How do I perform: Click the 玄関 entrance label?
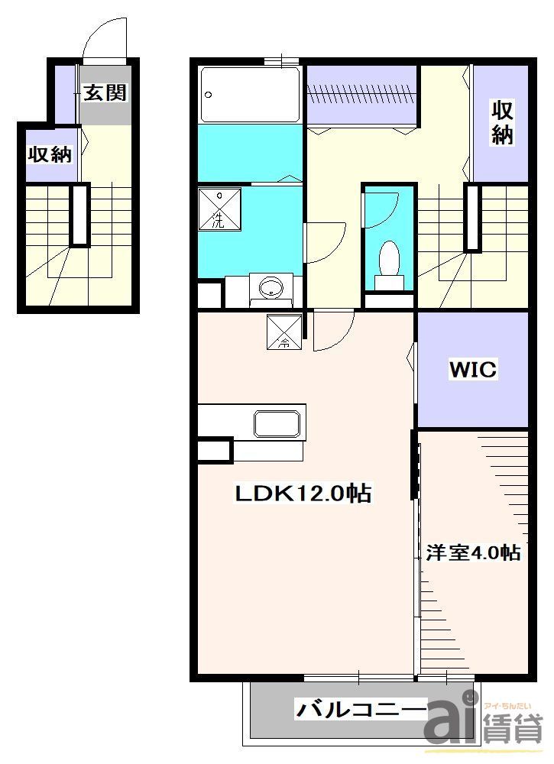click(x=105, y=92)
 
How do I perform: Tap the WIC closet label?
click(x=473, y=369)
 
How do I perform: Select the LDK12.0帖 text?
click(x=303, y=493)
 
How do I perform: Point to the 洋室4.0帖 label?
click(x=473, y=552)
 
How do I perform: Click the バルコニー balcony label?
click(x=361, y=710)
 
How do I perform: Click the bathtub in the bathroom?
click(x=251, y=95)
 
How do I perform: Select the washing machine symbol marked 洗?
click(x=219, y=209)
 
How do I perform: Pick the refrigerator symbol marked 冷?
click(x=284, y=332)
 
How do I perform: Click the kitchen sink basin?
click(x=277, y=424)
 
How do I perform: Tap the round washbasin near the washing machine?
click(x=271, y=289)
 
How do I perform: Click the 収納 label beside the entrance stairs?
click(x=50, y=154)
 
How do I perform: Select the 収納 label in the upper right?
click(x=502, y=122)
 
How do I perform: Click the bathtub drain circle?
click(x=209, y=95)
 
